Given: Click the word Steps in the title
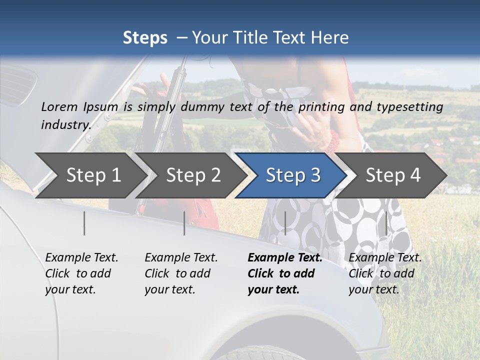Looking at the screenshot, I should pos(145,38).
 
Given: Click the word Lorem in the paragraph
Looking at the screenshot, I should pos(59,106).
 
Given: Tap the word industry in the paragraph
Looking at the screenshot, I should pos(65,124).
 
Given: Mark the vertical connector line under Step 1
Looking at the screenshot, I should pos(84,223).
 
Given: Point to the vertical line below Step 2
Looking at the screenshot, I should pos(184,223).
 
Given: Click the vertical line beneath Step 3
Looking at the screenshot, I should pos(285,223).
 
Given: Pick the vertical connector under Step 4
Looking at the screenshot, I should pos(386,223).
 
